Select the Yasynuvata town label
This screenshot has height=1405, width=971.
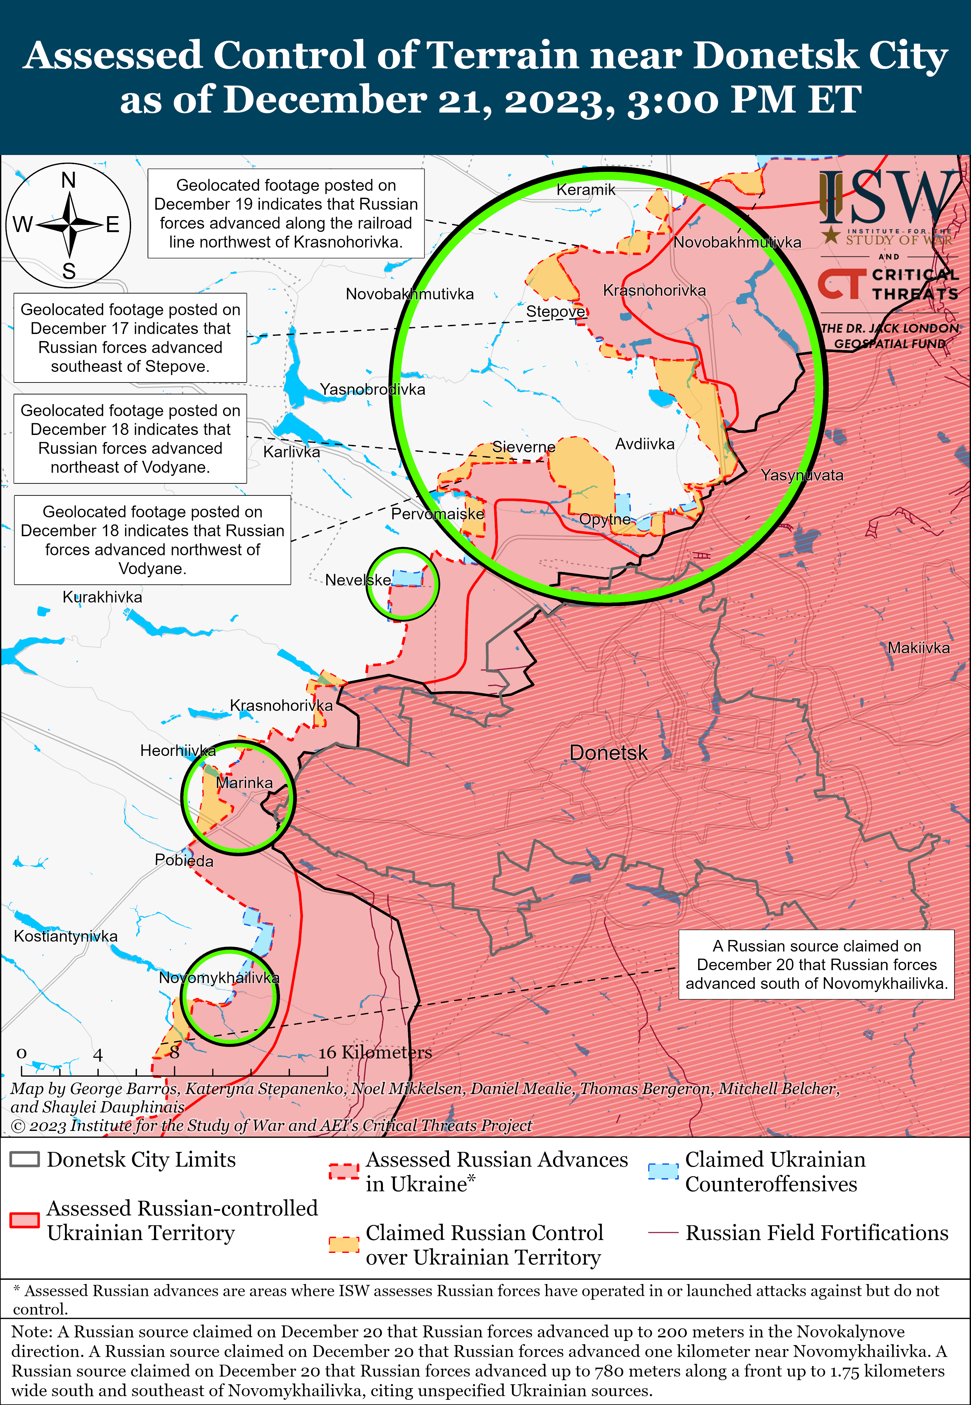tap(802, 475)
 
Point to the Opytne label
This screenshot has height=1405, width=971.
tap(605, 519)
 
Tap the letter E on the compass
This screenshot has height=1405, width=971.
tap(113, 225)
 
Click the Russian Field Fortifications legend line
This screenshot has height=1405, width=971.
tap(663, 1232)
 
